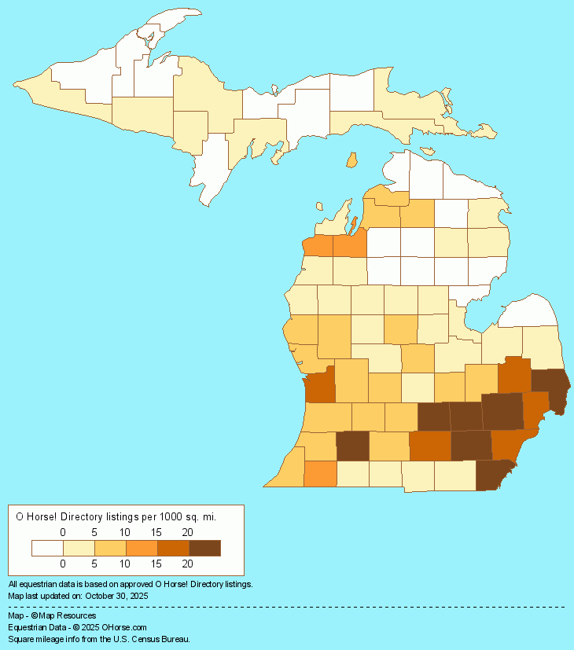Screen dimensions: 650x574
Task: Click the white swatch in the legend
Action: pos(47,548)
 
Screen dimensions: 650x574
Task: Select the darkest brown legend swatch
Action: pos(204,548)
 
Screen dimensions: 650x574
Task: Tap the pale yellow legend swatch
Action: pos(79,548)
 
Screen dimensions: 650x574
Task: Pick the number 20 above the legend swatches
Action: pos(188,532)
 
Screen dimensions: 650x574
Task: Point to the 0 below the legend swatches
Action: pos(63,564)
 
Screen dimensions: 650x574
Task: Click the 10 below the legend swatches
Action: pos(126,564)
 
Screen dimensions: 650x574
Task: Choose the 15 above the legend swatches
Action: pos(156,532)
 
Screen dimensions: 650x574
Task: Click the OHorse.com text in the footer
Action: pos(124,627)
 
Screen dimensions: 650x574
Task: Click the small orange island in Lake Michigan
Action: pos(352,160)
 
